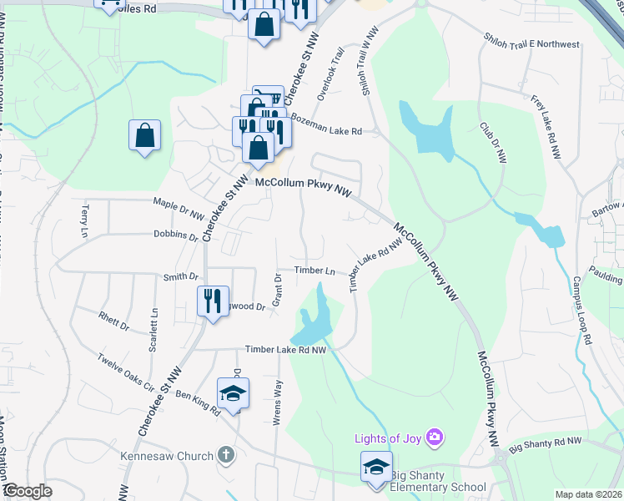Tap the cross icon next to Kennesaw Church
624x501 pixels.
224,456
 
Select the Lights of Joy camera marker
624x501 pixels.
434,437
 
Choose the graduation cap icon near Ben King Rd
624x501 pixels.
233,393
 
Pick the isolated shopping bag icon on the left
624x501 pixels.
144,136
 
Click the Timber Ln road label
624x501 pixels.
314,271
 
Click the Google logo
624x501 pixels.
27,491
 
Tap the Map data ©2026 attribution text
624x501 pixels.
589,494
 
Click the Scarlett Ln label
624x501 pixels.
153,330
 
